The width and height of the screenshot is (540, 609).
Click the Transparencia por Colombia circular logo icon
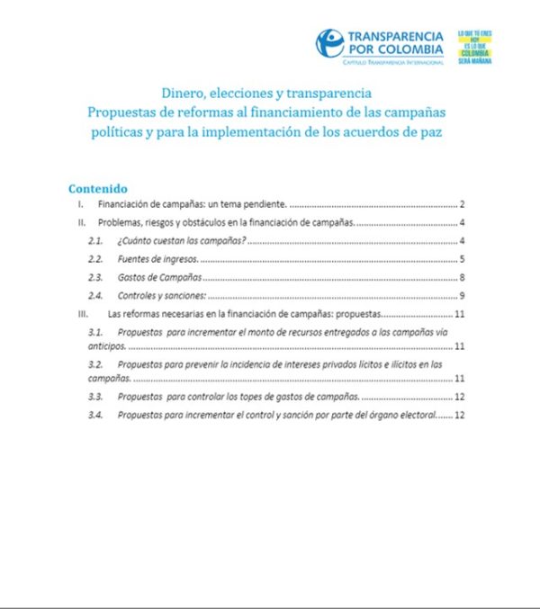(x=329, y=43)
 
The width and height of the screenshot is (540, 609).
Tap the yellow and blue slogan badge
(x=474, y=46)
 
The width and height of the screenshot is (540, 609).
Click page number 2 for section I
(x=460, y=206)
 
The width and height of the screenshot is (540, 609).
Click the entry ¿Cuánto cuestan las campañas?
(x=181, y=242)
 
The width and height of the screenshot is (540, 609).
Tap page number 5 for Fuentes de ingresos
(x=460, y=260)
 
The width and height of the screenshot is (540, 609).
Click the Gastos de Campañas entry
(x=159, y=278)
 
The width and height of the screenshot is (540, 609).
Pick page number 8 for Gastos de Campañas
(x=460, y=278)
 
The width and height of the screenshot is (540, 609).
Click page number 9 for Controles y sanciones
(x=460, y=296)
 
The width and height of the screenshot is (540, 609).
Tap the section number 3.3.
(x=94, y=397)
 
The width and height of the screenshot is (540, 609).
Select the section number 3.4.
(x=94, y=415)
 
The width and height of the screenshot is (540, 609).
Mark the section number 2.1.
(x=94, y=242)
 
